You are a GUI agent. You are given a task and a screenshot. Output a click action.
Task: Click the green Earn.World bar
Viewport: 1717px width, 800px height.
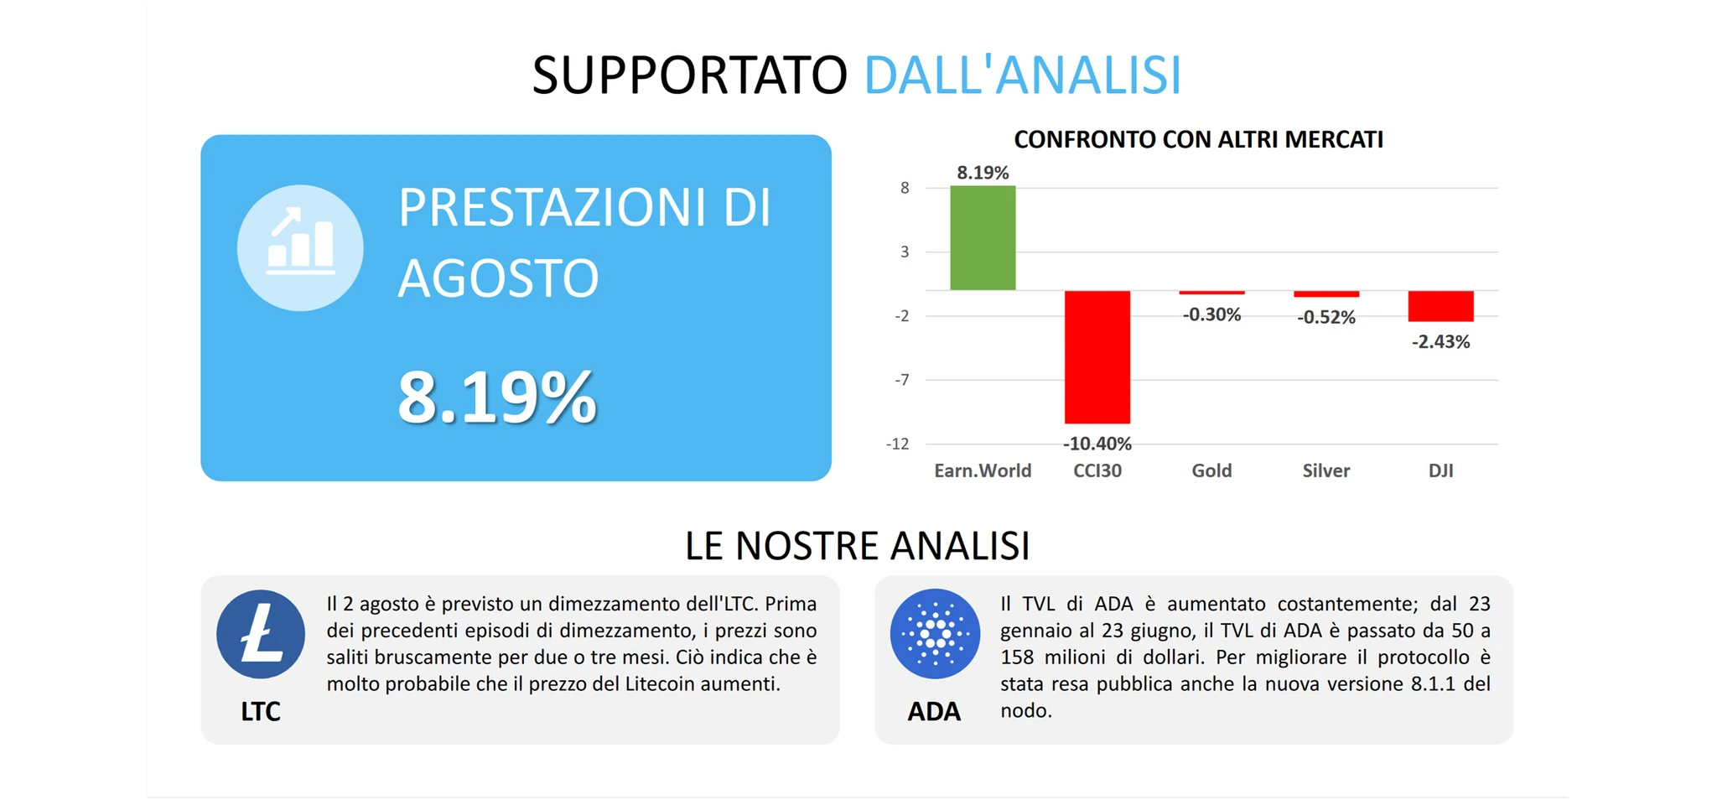(x=983, y=238)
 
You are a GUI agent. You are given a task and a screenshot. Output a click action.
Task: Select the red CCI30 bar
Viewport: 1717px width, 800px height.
(x=1097, y=357)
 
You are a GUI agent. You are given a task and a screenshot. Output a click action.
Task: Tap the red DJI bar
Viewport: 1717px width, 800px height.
(x=1440, y=306)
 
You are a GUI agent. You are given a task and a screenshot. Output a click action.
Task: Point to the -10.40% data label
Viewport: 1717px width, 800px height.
(x=1097, y=444)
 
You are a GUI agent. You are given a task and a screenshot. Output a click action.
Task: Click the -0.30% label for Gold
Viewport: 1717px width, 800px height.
(x=1211, y=314)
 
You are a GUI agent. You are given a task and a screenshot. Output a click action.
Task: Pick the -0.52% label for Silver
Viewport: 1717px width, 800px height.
(x=1326, y=317)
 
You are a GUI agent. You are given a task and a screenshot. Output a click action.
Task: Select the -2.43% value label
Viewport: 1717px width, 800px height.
(x=1440, y=341)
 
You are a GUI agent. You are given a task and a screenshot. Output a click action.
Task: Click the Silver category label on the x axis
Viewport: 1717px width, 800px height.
(x=1326, y=470)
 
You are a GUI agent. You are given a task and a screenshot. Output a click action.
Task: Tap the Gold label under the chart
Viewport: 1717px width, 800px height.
(x=1211, y=470)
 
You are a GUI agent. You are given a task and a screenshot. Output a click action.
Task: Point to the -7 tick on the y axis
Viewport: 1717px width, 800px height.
(x=901, y=380)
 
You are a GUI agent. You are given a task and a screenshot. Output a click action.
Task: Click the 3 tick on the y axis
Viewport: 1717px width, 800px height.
(x=905, y=252)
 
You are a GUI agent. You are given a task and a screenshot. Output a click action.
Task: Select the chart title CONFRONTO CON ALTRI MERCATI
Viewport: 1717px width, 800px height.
(x=1198, y=139)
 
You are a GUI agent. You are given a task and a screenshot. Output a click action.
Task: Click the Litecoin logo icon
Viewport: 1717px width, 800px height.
(x=261, y=634)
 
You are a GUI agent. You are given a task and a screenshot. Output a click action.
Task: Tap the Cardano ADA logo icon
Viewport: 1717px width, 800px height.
(x=935, y=634)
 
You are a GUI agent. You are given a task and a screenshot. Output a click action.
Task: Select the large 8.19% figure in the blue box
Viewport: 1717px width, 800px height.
(x=497, y=397)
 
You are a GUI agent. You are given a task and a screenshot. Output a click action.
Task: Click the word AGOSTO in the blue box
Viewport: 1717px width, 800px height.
(x=498, y=278)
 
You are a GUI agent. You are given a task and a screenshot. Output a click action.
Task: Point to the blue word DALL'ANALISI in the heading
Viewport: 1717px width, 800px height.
(x=1022, y=75)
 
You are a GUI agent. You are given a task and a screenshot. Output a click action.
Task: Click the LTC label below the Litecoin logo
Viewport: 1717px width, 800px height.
(x=261, y=711)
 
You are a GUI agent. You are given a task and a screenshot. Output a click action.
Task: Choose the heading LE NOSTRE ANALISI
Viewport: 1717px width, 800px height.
(x=857, y=546)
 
